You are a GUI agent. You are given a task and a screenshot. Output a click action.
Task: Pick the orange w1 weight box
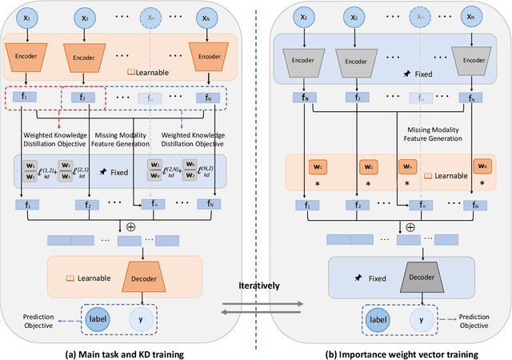(x=318, y=169)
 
